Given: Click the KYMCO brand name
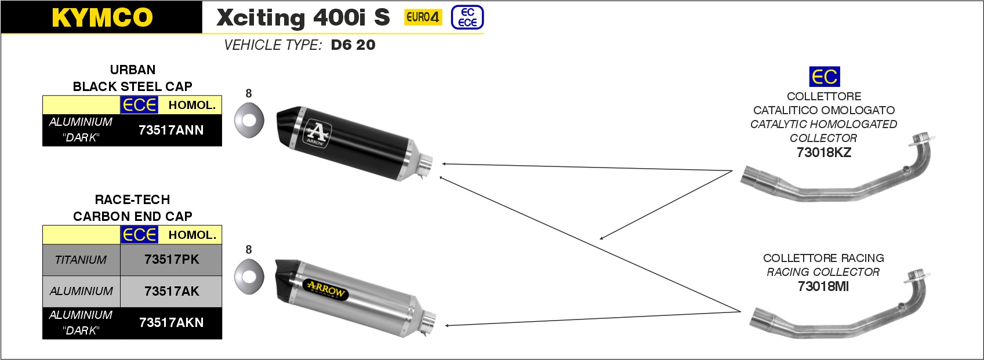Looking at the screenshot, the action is pos(102,17).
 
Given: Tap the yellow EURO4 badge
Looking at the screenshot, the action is pos(423,17).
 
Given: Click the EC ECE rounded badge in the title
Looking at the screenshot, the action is pos(467,17).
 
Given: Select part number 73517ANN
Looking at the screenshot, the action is pos(171,130).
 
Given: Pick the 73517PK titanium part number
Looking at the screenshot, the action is pos(172,260).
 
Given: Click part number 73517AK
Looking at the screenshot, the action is pos(172,291).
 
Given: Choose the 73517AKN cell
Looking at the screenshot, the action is pos(171,323).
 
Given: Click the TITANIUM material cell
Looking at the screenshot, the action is pos(81,260).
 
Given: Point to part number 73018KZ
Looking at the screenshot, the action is pos(823,152).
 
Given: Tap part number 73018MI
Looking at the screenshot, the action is pos(823,286).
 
